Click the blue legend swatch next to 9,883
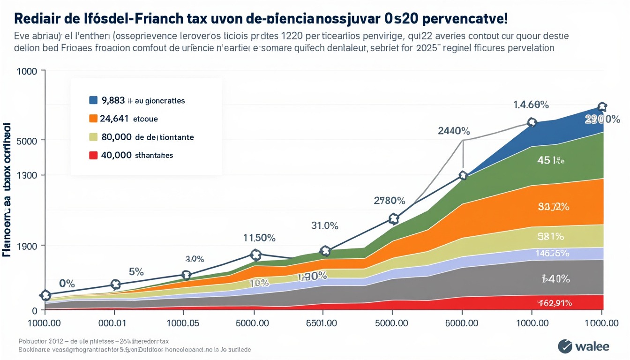pos(93,100)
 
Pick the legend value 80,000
pos(116,137)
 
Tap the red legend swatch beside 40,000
pos(93,155)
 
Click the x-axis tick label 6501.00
pos(322,323)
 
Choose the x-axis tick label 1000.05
pos(183,323)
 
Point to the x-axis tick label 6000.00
pos(462,323)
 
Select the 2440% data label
pos(454,131)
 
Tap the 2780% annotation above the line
pos(389,201)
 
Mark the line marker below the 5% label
pos(115,284)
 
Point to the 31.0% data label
pos(324,225)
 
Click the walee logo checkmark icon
pos(565,346)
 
